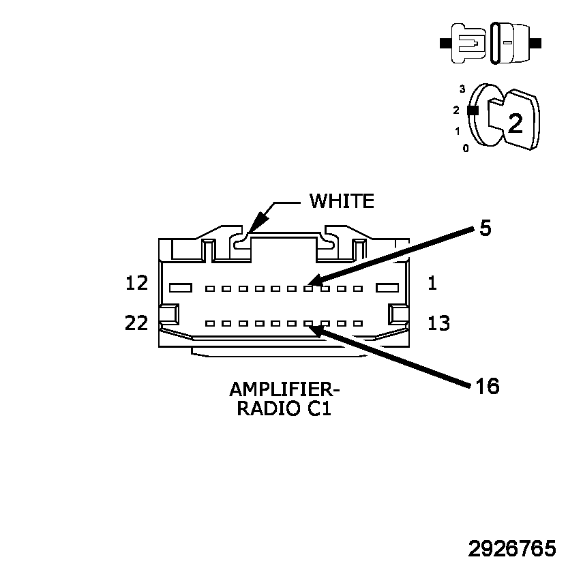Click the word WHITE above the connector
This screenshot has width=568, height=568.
click(x=342, y=201)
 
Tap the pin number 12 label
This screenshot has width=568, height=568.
click(x=137, y=282)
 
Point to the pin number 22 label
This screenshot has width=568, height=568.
click(x=137, y=323)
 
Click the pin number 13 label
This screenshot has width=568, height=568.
click(x=439, y=323)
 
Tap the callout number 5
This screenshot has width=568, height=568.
click(x=485, y=228)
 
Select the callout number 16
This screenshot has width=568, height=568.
click(x=488, y=387)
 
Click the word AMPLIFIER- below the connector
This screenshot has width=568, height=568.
click(x=284, y=389)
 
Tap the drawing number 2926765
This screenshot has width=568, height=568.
click(x=512, y=549)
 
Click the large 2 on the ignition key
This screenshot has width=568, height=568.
click(x=515, y=123)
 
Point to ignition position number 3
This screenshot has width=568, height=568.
click(x=462, y=89)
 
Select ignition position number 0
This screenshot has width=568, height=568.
click(x=465, y=148)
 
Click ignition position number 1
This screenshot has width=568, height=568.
click(x=457, y=131)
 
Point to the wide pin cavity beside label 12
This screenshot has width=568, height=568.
click(x=180, y=288)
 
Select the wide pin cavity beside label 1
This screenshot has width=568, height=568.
click(x=387, y=288)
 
